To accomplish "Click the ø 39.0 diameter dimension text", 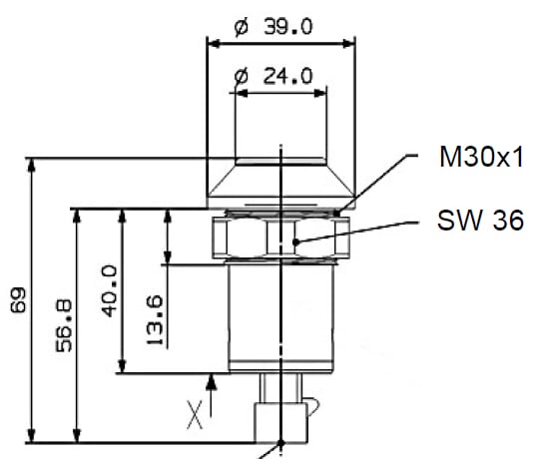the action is coord(273,27).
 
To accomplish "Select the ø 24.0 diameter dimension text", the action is coord(273,76).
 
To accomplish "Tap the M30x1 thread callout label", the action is coord(481,157).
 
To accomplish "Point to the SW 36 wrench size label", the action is coord(480,221).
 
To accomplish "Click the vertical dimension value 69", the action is coord(18,300).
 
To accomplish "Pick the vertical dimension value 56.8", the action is coord(64,325).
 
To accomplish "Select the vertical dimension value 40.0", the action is coord(110,291).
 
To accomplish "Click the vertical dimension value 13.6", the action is coord(155,319).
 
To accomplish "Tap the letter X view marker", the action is coord(195,414).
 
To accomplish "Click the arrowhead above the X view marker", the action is coord(212,381).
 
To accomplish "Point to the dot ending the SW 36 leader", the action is coord(296,241).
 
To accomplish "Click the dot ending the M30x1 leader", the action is coord(336,214).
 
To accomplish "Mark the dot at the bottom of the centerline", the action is coord(280,443).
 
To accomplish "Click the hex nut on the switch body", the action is coord(280,237).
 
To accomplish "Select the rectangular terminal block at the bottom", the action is coord(280,422).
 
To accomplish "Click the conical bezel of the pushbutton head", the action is coord(280,181).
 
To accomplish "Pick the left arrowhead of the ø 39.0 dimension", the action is coord(215,44).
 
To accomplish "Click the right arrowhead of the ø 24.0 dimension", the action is coord(320,93).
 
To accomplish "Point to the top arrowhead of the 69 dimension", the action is coord(31,166).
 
